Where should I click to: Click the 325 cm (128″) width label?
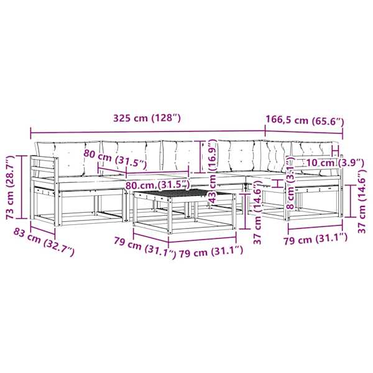click(x=147, y=118)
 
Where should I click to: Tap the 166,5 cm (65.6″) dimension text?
click(x=305, y=121)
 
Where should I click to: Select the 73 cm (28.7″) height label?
click(x=10, y=187)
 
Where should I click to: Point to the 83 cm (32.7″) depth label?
click(x=44, y=242)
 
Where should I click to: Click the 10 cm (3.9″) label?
click(x=335, y=163)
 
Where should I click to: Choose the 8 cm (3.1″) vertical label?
click(x=291, y=183)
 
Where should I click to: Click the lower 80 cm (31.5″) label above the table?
click(x=157, y=185)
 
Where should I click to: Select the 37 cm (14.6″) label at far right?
click(x=362, y=201)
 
